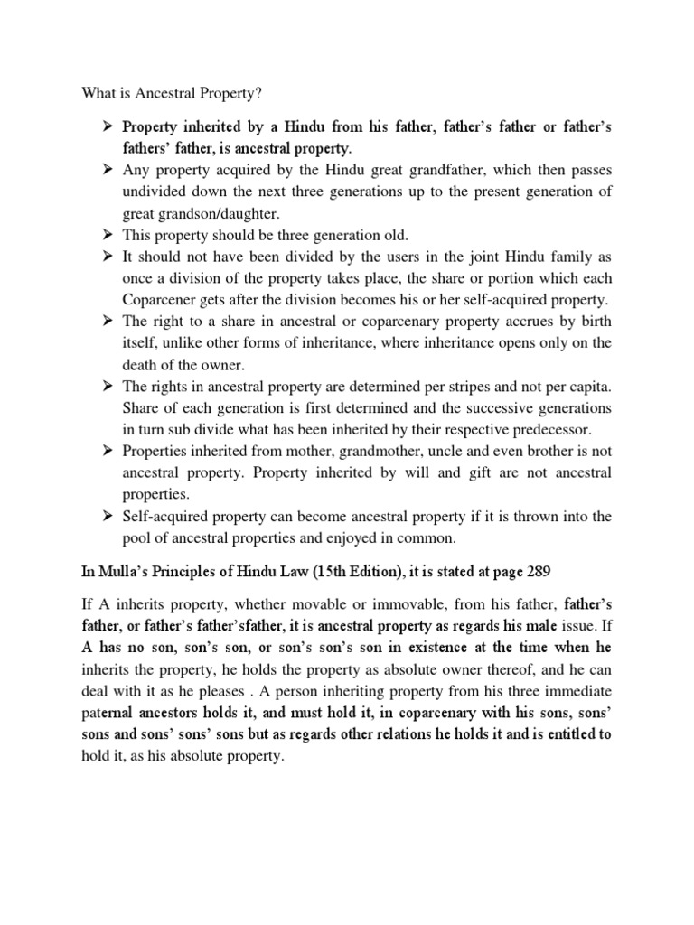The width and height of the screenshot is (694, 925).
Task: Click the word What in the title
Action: point(100,91)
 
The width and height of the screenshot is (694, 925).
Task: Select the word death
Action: point(142,364)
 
